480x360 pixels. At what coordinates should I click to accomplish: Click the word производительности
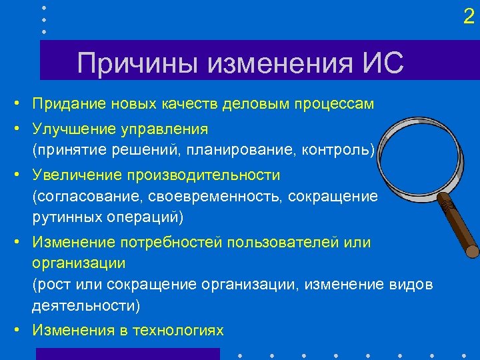pos(200,175)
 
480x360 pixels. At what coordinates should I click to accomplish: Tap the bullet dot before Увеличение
pos(22,175)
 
